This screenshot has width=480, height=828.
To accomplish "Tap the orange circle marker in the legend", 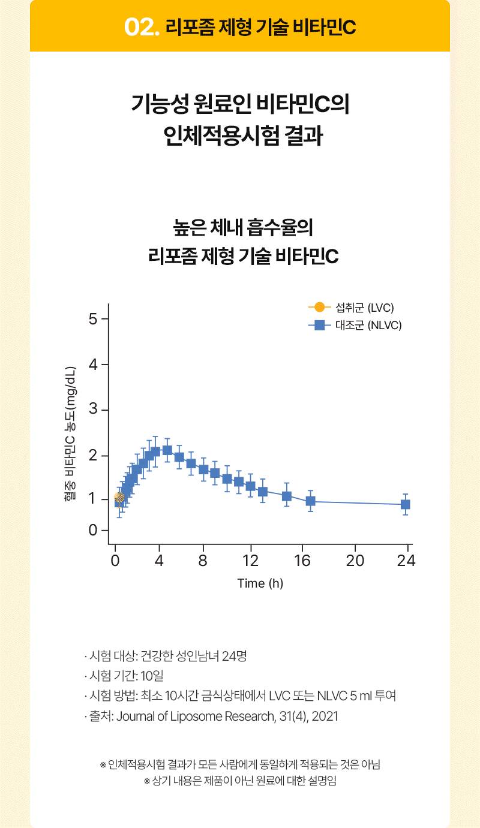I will (x=319, y=308).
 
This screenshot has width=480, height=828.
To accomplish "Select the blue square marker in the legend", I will (x=319, y=326).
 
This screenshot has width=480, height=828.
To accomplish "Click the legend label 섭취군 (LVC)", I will (x=365, y=308).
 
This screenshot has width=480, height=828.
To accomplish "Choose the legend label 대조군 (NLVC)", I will (x=368, y=326).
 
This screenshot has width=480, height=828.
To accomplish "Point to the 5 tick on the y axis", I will (x=93, y=318).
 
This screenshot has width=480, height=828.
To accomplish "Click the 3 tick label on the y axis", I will (x=93, y=410).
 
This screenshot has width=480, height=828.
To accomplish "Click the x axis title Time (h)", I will (x=260, y=583).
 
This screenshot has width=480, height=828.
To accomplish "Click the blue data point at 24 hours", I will (x=406, y=505).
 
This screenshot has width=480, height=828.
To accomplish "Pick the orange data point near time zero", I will (x=119, y=497).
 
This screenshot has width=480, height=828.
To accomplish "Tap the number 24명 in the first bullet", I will (x=234, y=656).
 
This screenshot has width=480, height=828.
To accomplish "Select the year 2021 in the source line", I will (x=326, y=716).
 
